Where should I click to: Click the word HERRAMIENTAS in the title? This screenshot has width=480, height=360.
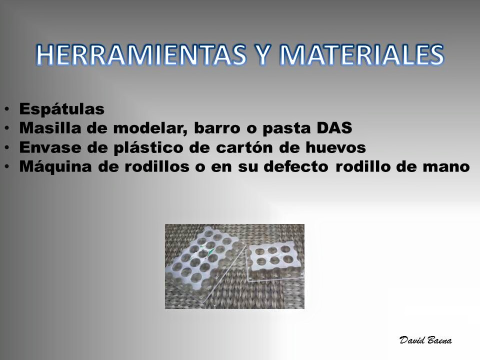tap(141, 55)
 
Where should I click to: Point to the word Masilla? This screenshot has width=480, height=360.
tap(51, 127)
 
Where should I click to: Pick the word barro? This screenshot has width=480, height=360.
tap(217, 127)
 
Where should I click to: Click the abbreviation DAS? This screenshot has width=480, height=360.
tap(334, 127)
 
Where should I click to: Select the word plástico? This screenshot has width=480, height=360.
tap(148, 148)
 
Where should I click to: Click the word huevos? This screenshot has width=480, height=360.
tap(335, 147)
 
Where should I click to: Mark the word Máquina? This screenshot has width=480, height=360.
tap(55, 167)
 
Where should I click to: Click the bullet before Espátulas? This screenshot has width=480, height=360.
tap(6, 109)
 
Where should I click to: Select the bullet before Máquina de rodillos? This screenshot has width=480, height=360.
tap(6, 167)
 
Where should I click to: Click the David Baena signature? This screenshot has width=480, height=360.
tap(425, 340)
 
